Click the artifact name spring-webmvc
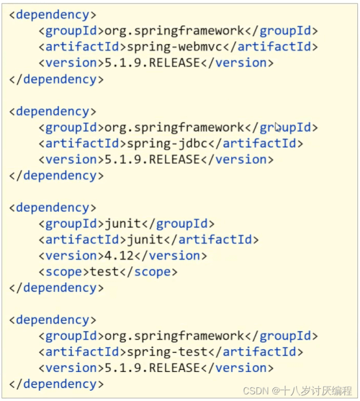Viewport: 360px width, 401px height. (175, 47)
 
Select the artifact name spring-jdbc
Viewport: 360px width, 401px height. (167, 144)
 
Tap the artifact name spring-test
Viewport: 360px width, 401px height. (167, 352)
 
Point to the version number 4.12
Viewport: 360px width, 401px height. (119, 256)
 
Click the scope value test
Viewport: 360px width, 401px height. (105, 272)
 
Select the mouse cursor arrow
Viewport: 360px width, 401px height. (278, 127)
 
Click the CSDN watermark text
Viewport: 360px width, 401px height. (297, 391)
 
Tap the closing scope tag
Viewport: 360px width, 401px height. (148, 272)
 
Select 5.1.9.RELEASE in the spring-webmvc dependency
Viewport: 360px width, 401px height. (152, 63)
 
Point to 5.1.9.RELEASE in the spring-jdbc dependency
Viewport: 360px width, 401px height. (152, 159)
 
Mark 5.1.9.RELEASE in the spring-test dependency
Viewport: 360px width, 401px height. (152, 368)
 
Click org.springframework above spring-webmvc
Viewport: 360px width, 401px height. (175, 31)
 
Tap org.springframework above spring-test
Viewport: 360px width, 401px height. (175, 336)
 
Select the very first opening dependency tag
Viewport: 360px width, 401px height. (53, 15)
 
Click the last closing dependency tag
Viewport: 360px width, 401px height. (57, 384)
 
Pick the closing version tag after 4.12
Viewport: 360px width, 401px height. (170, 256)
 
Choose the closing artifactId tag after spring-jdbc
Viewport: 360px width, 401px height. (255, 144)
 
